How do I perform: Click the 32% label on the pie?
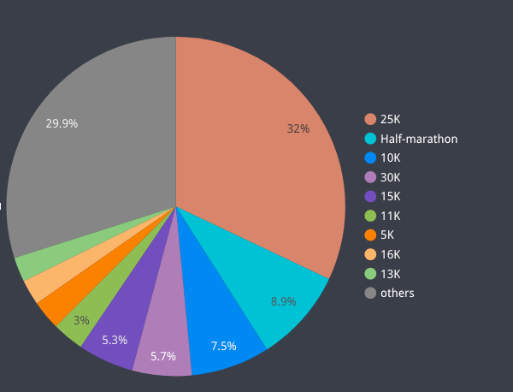point(298,128)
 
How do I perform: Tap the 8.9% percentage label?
point(283,301)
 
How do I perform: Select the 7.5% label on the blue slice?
point(223,346)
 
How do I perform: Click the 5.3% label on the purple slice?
point(115,340)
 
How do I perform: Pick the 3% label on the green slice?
point(81,320)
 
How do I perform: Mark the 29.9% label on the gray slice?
point(62,123)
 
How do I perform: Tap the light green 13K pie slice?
point(31,266)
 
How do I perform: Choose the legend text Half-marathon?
point(419,139)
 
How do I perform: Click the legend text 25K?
point(390,119)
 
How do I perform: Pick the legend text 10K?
point(390,157)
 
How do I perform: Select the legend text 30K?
point(390,177)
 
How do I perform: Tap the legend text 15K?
point(390,196)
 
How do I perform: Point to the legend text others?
point(397,293)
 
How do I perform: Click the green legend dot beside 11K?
point(370,216)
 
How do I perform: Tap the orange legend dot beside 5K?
point(370,235)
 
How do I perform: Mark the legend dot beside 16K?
point(370,254)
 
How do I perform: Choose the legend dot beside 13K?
point(370,274)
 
